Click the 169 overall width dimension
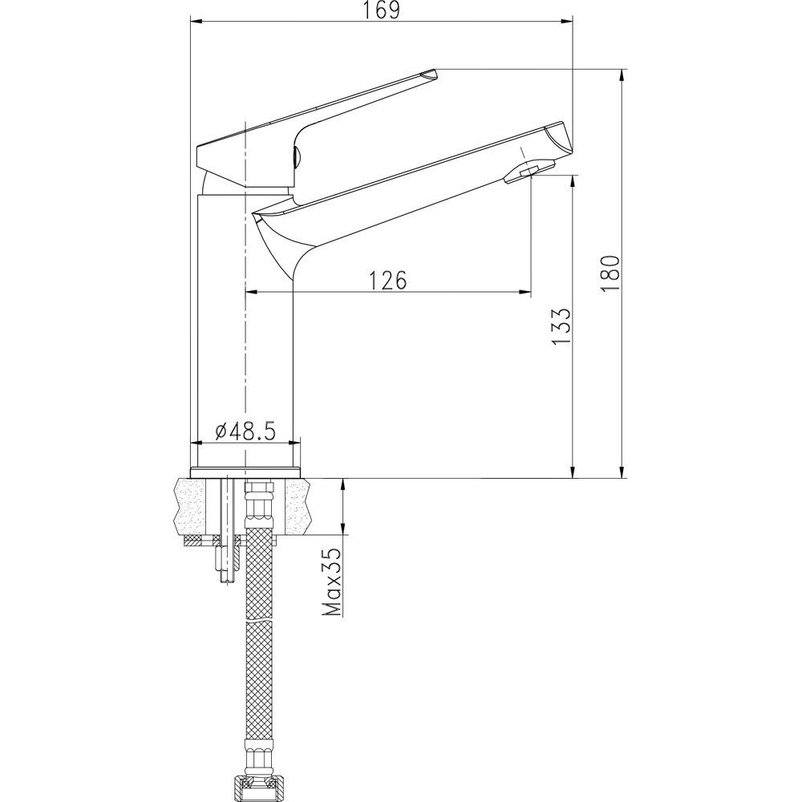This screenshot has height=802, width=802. pos(383,10)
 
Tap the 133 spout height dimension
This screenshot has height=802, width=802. pos(561,326)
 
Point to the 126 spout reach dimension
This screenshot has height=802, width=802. pos(388,280)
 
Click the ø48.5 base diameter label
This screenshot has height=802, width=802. pos(245,431)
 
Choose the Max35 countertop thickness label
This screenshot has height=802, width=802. pos(333,581)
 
